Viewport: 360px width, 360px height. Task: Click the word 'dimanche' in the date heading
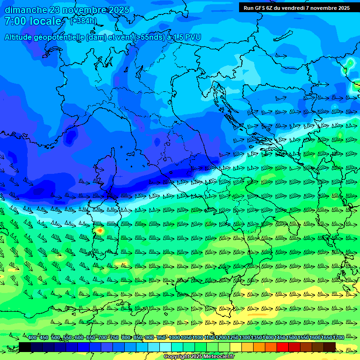(26, 10)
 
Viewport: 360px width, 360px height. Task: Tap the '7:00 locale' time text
(33, 21)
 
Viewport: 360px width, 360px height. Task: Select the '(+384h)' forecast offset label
(83, 21)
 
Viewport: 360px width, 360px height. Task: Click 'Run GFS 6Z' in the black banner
(260, 8)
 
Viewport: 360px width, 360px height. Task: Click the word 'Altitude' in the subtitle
(22, 37)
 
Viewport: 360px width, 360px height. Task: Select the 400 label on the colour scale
(32, 337)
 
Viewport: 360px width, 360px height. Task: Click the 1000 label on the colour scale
(174, 337)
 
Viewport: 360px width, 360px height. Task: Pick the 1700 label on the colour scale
(339, 337)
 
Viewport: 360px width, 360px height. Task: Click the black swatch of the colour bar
(25, 347)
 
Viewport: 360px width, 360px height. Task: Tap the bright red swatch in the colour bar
(283, 347)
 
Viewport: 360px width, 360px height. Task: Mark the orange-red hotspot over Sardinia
(99, 230)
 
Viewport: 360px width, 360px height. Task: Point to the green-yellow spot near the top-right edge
(349, 63)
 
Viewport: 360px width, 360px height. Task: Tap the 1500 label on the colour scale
(292, 337)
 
